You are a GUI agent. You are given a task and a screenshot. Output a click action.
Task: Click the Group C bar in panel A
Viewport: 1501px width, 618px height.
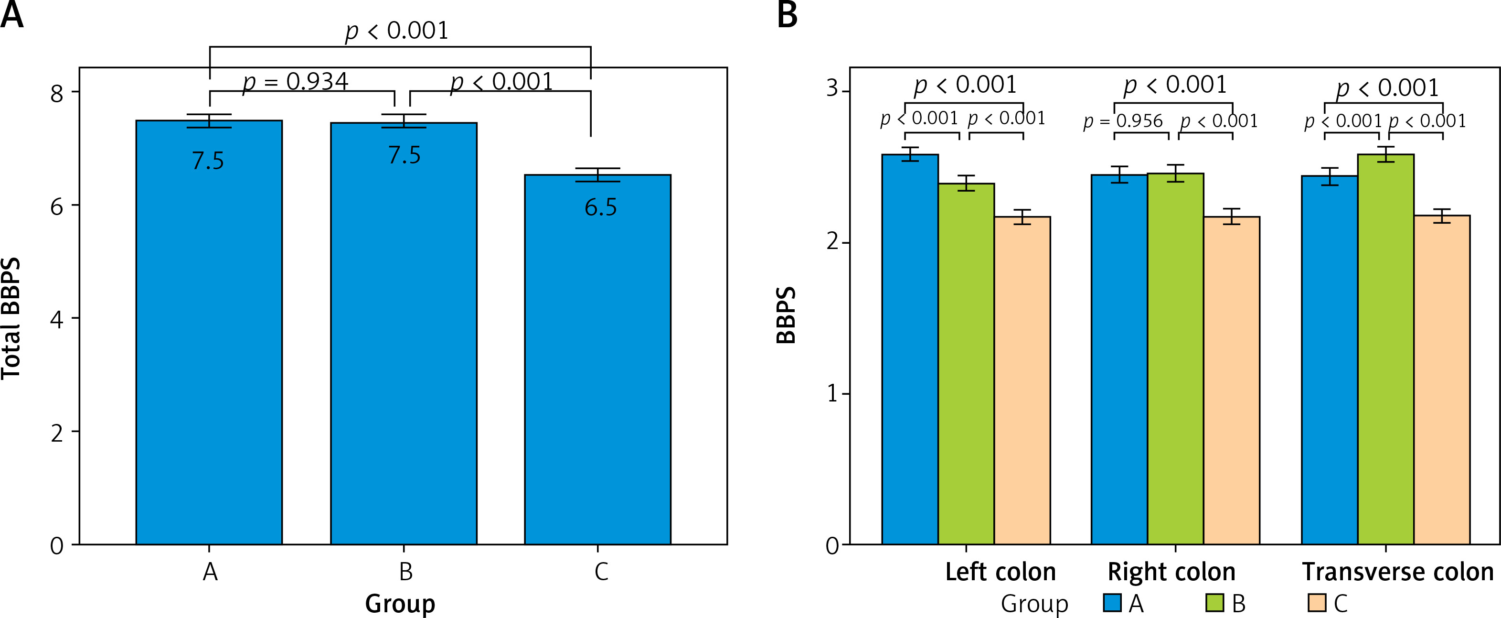597,361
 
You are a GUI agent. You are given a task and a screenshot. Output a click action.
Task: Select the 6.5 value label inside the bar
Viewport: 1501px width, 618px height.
600,207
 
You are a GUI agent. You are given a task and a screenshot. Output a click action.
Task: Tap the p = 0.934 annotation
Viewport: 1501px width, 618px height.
296,82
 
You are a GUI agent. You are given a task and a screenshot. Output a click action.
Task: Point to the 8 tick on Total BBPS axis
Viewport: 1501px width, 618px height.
56,93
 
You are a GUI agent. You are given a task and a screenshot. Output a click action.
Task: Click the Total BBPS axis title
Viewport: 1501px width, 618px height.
11,318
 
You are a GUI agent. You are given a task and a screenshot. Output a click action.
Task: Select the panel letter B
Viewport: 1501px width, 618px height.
787,14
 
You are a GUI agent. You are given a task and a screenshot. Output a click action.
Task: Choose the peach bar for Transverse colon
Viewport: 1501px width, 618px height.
1442,379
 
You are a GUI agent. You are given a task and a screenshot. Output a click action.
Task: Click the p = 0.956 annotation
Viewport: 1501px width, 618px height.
1123,121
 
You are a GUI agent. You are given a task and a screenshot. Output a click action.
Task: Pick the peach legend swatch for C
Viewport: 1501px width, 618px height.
1317,603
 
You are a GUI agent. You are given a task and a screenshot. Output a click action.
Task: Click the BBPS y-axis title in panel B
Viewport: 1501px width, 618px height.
787,315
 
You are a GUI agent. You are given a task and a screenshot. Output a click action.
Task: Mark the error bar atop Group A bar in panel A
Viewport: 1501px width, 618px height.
209,121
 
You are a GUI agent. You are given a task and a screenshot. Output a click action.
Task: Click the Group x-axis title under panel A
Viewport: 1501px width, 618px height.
400,604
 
